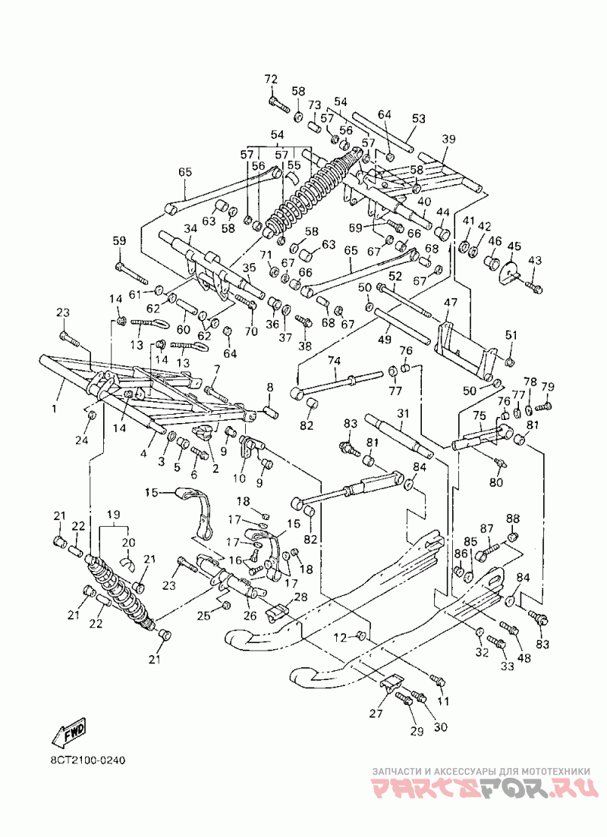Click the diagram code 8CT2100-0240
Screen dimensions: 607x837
(x=84, y=759)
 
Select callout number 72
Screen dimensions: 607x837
(x=271, y=80)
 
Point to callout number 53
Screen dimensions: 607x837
(x=418, y=118)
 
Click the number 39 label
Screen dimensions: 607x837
(x=448, y=139)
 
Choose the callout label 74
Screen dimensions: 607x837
(x=334, y=362)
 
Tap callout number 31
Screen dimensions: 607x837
(x=403, y=413)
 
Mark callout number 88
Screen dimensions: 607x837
(x=512, y=518)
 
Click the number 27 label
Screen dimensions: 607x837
(x=376, y=713)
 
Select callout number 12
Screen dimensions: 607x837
(x=341, y=637)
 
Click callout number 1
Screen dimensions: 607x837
(x=53, y=409)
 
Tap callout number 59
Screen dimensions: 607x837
(x=119, y=241)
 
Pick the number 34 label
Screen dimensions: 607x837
(x=190, y=228)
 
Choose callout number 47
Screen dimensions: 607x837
(x=451, y=303)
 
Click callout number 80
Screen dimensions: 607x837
(x=496, y=482)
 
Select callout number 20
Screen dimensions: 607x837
(x=128, y=542)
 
